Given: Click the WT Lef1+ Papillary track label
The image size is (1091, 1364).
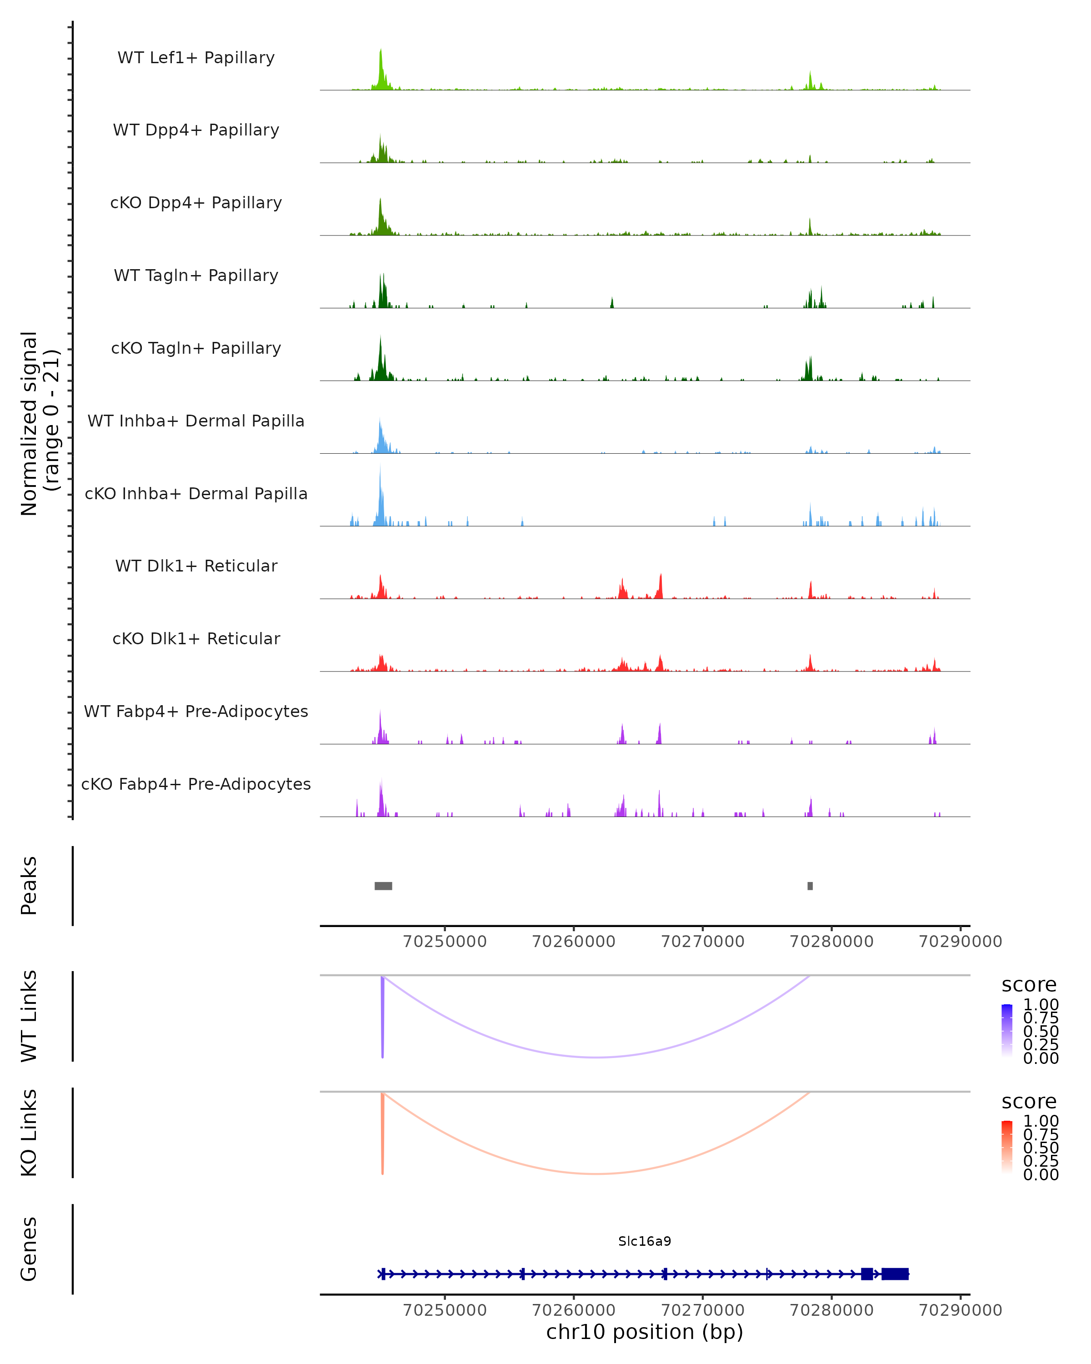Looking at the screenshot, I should [x=196, y=58].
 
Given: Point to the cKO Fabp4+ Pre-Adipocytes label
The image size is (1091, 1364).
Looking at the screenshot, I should [x=196, y=784].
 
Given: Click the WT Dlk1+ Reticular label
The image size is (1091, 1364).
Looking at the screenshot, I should [x=196, y=566].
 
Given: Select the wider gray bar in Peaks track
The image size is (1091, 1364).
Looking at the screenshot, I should [x=383, y=886].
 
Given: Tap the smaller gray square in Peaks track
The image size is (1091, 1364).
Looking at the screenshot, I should [x=810, y=886].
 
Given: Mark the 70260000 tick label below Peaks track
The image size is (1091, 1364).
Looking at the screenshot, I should [x=574, y=942].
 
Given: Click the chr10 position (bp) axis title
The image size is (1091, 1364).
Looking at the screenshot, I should [x=645, y=1332].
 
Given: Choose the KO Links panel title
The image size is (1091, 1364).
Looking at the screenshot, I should [x=29, y=1133].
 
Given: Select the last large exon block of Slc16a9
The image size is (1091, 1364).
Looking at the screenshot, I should [x=895, y=1274].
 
